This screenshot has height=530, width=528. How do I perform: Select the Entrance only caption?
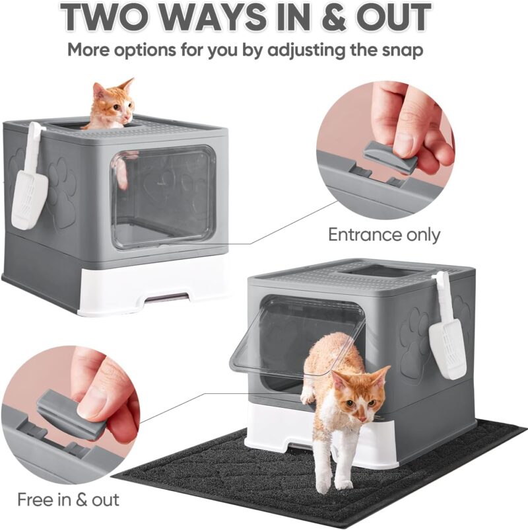point(384,235)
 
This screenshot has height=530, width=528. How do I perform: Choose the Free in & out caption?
point(68,500)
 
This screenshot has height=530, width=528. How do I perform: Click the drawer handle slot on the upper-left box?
point(167,297)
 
